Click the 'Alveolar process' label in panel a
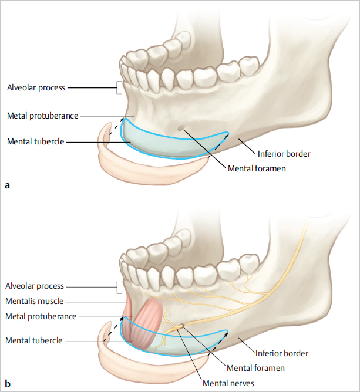(x=36, y=88)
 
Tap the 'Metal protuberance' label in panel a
(x=42, y=116)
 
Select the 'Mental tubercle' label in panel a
(x=35, y=141)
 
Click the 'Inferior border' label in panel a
(x=284, y=154)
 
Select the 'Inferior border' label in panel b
(x=282, y=353)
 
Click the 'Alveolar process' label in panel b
(x=34, y=286)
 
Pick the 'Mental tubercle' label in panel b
(x=33, y=340)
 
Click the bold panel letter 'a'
(x=7, y=185)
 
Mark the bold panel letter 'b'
(x=7, y=384)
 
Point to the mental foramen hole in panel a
(x=180, y=128)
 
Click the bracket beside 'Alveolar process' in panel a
(x=119, y=88)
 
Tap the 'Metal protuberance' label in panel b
(x=41, y=316)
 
